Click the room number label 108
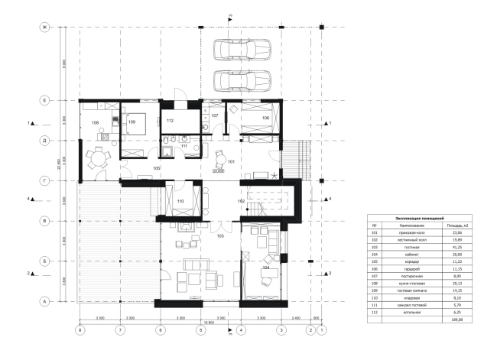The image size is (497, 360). coord(96,122)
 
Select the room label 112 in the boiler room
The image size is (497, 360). coord(171,122)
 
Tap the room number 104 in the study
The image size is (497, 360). coord(266,268)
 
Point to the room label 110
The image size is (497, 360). coord(180,202)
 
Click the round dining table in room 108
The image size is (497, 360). coord(97,159)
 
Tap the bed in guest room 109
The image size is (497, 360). coord(135,126)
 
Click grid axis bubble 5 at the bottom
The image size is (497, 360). coord(200,330)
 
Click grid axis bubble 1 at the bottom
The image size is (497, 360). coord(322,330)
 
